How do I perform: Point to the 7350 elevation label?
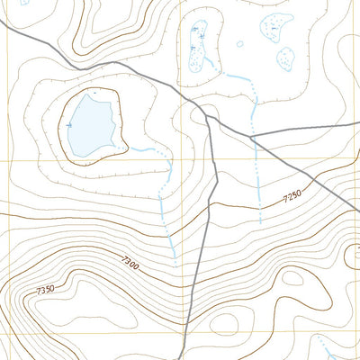(46, 290)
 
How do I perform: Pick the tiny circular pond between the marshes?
(239, 42)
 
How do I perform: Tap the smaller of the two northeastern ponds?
(285, 58)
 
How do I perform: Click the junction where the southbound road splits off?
(208, 114)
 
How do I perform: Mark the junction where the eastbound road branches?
(251, 138)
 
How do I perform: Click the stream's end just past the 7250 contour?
(260, 221)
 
